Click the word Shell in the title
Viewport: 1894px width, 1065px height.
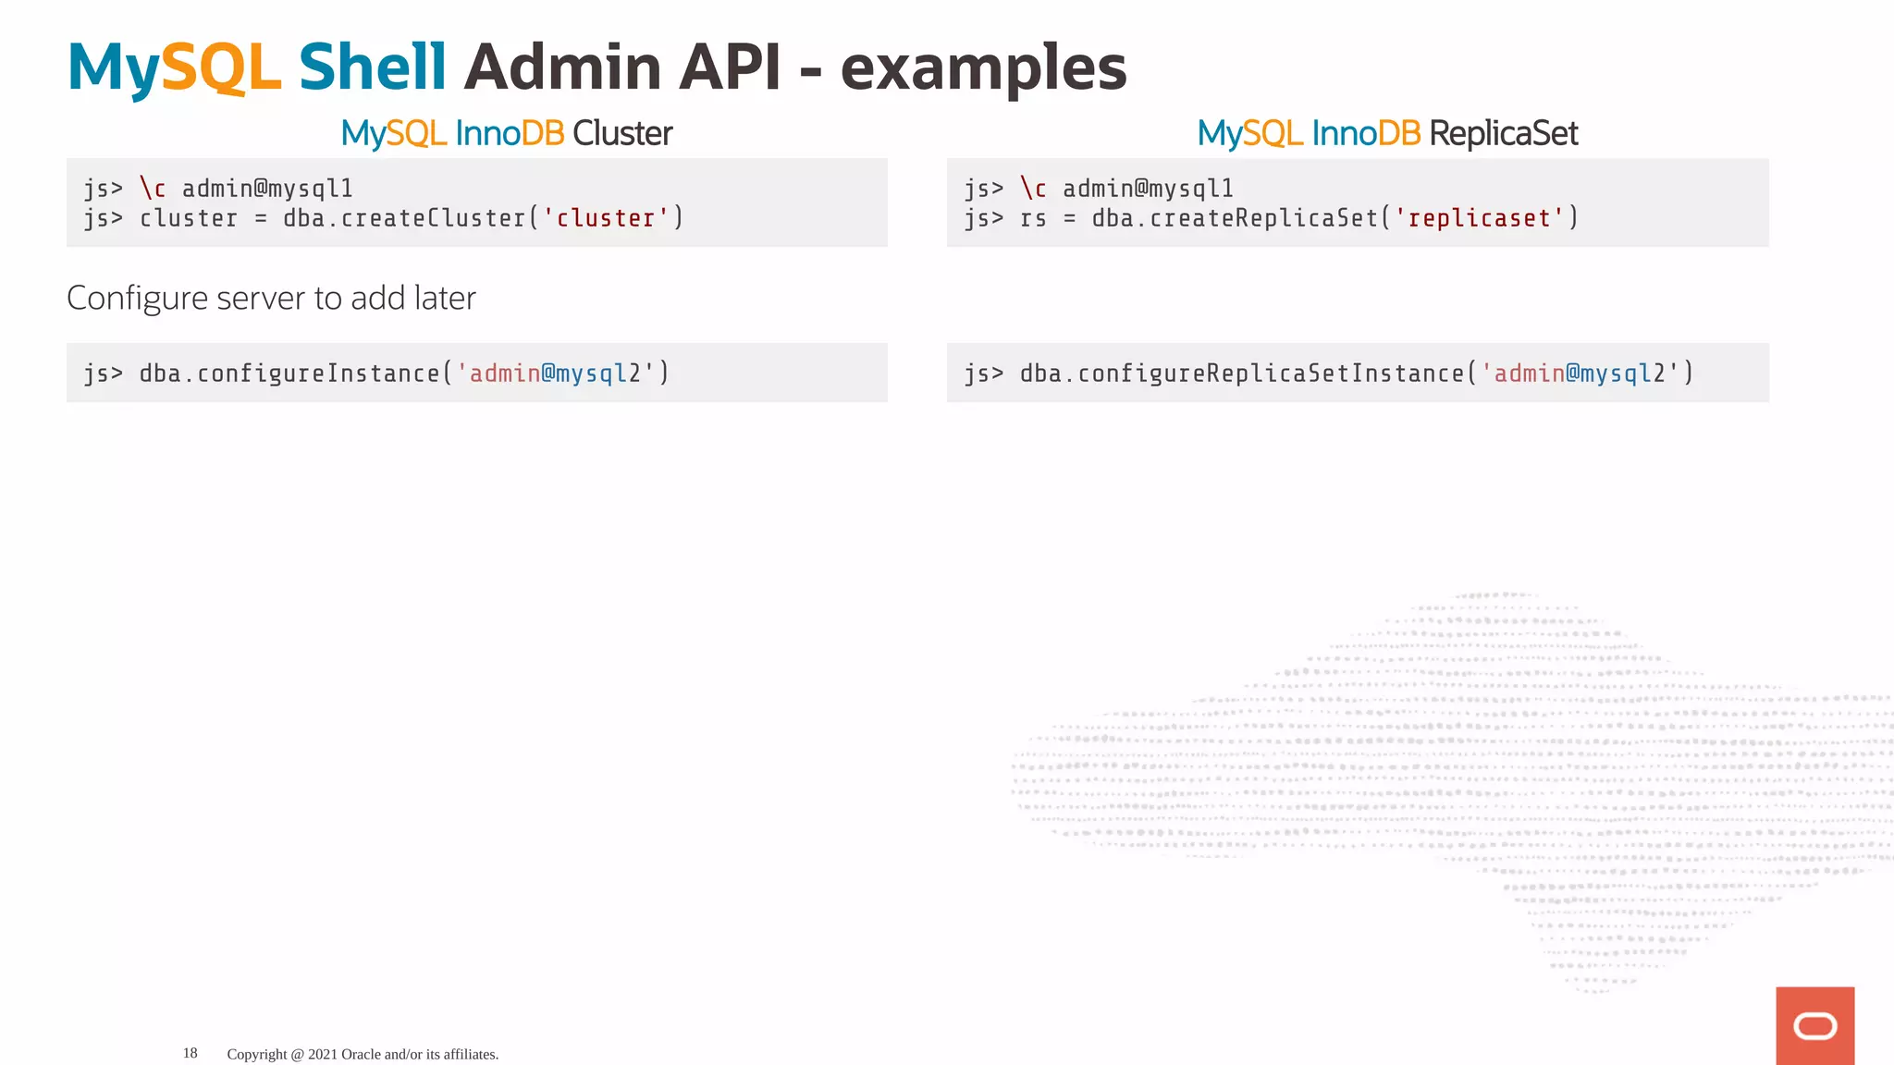tap(372, 67)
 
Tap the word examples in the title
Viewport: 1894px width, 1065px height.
tap(983, 69)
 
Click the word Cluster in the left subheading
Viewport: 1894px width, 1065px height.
tap(622, 134)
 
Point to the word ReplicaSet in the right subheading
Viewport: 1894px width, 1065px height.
tap(1503, 134)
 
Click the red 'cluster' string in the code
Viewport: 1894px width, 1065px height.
tap(605, 218)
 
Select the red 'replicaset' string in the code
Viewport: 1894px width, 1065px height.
tap(1479, 218)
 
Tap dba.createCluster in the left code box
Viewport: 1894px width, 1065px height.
tap(404, 218)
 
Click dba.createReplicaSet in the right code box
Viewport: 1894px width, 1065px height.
tap(1235, 218)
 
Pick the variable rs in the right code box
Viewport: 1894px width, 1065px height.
tap(1033, 218)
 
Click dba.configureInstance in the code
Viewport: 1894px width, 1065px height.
tap(289, 373)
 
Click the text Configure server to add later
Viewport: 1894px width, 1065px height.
tap(271, 299)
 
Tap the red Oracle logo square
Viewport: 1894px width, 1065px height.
tap(1814, 1026)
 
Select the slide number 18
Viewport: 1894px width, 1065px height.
tap(191, 1053)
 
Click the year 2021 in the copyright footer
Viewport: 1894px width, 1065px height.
tap(323, 1054)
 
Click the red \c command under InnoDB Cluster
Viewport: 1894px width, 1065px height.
tap(153, 189)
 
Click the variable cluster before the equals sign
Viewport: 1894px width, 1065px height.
tap(189, 218)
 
